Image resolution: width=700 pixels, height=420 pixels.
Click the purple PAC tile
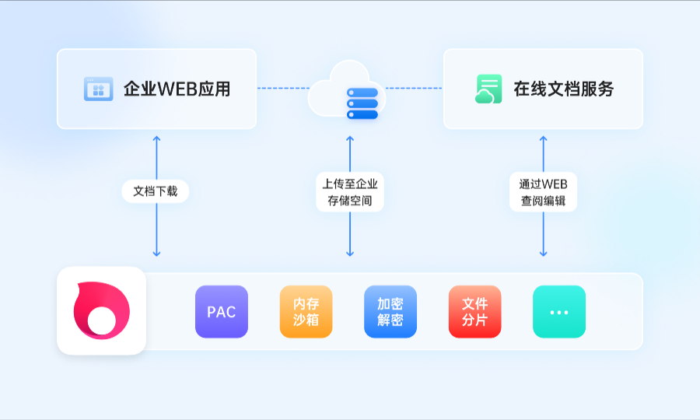point(222,312)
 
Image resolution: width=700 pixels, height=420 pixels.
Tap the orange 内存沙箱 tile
point(306,312)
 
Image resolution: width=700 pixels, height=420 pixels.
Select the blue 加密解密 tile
point(390,312)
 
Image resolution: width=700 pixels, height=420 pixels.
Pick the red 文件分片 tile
point(474,312)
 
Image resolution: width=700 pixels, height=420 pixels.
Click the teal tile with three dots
point(559,312)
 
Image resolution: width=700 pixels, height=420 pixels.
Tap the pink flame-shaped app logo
point(101,310)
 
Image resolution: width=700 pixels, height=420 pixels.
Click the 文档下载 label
point(156,191)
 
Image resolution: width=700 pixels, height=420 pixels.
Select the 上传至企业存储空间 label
point(350,192)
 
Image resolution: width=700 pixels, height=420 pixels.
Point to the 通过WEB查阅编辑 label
point(544,192)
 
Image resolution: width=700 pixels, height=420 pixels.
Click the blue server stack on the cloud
point(362,103)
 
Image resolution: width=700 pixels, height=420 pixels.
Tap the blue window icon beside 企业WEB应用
point(98,89)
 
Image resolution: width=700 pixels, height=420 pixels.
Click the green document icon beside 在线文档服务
point(488,89)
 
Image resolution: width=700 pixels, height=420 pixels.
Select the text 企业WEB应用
point(177,89)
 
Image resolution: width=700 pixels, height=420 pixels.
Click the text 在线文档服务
point(563,89)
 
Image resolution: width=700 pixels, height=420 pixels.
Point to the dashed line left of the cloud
point(283,89)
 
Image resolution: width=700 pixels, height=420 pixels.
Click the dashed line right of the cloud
point(414,89)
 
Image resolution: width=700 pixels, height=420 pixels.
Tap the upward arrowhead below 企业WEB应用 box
point(156,138)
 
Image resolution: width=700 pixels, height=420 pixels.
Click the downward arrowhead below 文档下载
point(156,254)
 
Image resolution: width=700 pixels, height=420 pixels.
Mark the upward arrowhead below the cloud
point(350,138)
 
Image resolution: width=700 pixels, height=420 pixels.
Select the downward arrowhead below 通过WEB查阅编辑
point(544,254)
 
